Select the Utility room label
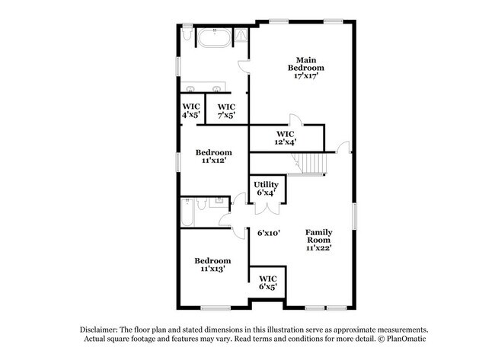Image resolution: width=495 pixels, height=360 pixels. tap(267, 188)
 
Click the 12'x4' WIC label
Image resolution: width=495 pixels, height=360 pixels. tap(286, 137)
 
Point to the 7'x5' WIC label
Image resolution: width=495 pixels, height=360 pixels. tap(226, 110)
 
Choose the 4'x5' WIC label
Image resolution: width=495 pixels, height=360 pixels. tap(190, 110)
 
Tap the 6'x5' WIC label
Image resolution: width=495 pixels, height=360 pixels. tap(267, 282)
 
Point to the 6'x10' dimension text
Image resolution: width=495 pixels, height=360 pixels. tap(269, 234)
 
